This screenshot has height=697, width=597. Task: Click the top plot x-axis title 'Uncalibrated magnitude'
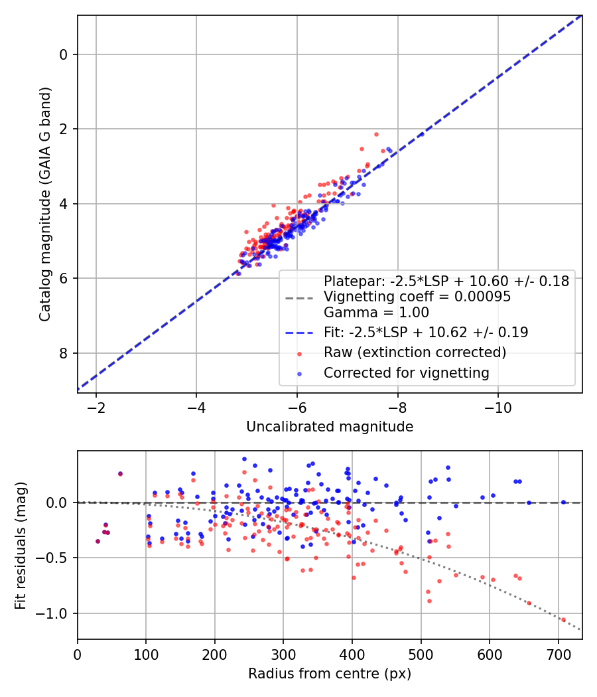pos(330,427)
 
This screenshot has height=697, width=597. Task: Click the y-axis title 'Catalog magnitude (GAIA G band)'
pos(44,203)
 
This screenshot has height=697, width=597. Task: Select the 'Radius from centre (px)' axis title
pos(330,674)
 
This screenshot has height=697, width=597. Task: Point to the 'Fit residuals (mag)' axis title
pos(21,544)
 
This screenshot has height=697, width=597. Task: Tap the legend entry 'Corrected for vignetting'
pos(406,373)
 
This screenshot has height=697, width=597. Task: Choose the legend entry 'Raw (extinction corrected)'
pos(415,352)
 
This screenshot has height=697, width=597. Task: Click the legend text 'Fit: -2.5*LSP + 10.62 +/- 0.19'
pos(425,332)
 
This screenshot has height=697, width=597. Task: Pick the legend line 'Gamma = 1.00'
pos(375,313)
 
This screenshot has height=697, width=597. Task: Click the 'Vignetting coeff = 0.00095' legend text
pos(417,297)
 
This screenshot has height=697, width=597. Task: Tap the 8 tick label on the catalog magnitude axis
pos(64,353)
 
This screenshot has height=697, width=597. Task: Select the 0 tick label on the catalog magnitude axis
pos(64,54)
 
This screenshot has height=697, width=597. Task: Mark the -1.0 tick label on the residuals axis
pos(58,613)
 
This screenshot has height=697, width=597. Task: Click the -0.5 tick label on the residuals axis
pos(58,558)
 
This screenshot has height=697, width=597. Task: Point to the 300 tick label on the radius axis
pos(283,655)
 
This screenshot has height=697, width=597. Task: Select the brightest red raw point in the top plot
pos(376,134)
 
